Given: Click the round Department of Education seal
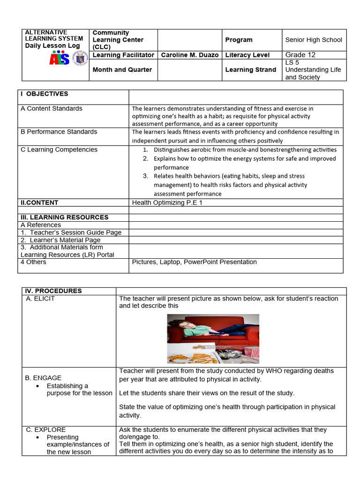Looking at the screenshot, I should [81, 59].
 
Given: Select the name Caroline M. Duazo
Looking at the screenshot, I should [189, 55].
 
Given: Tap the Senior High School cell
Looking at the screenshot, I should [314, 40].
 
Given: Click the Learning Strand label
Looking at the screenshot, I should [251, 70].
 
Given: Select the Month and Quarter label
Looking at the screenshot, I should [122, 70].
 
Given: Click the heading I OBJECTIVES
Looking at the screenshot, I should [45, 94].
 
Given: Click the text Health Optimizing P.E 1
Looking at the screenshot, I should [167, 202].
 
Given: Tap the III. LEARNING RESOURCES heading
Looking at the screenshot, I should [64, 217].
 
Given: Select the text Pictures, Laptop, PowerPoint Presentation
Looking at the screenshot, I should [195, 262].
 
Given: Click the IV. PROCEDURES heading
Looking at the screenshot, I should [53, 291].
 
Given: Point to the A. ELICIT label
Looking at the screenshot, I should [40, 299].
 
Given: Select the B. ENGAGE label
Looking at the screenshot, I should [44, 378].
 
